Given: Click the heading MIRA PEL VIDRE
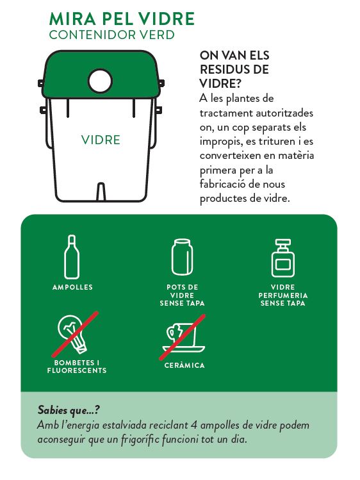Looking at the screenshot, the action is [x=122, y=19].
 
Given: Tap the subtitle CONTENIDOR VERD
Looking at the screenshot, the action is [x=112, y=35].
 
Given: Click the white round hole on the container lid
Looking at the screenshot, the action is [x=100, y=81].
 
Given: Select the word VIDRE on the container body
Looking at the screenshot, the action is [x=101, y=140].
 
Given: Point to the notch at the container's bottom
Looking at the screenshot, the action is [x=101, y=192].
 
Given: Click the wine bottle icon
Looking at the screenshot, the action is [x=72, y=257].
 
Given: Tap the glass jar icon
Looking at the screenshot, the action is [x=182, y=257].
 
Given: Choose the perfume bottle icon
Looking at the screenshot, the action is [x=283, y=258].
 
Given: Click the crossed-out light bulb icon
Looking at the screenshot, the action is [x=75, y=334].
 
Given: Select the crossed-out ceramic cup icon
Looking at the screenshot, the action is [x=183, y=336].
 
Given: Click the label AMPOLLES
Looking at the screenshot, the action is [x=72, y=287].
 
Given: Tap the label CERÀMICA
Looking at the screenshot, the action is [x=184, y=365].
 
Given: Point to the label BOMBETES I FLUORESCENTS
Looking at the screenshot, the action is [x=77, y=367].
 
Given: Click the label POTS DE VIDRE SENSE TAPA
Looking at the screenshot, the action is [x=183, y=295].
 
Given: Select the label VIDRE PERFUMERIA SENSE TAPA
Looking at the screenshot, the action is [x=283, y=295].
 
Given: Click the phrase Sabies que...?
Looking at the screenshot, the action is [x=69, y=410].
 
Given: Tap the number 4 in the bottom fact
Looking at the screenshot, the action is [x=193, y=425].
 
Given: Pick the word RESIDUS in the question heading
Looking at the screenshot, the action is [x=234, y=69].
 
